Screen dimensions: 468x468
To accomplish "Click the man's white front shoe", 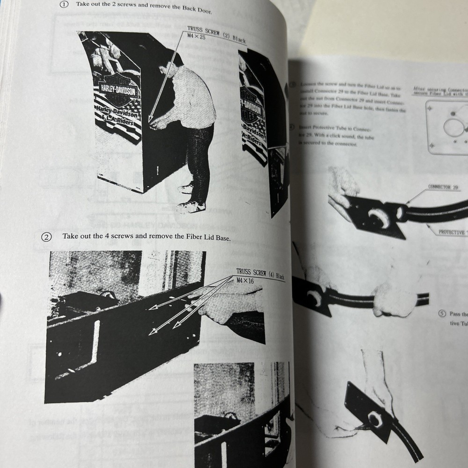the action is point(190,206).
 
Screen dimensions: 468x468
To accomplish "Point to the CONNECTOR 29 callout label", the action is point(442,187).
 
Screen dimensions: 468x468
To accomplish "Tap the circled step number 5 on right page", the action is point(441,314).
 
